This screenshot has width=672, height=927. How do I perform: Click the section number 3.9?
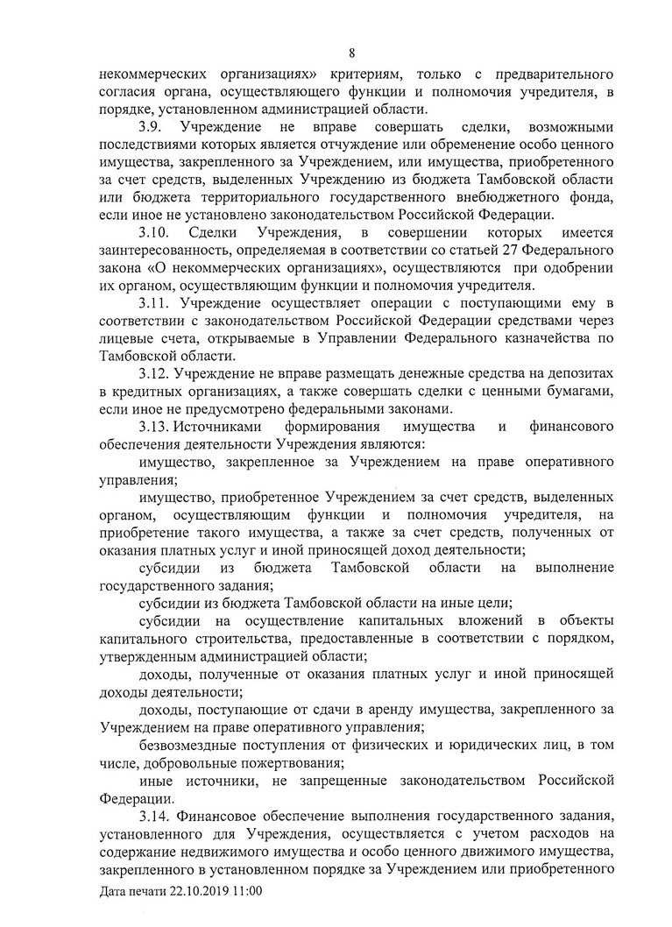(x=151, y=128)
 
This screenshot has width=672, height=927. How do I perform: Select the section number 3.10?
(x=154, y=232)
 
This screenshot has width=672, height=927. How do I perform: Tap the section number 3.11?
(x=154, y=303)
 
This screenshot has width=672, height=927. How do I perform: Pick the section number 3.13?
(x=154, y=428)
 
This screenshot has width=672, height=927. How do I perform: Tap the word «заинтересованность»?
(x=167, y=251)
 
